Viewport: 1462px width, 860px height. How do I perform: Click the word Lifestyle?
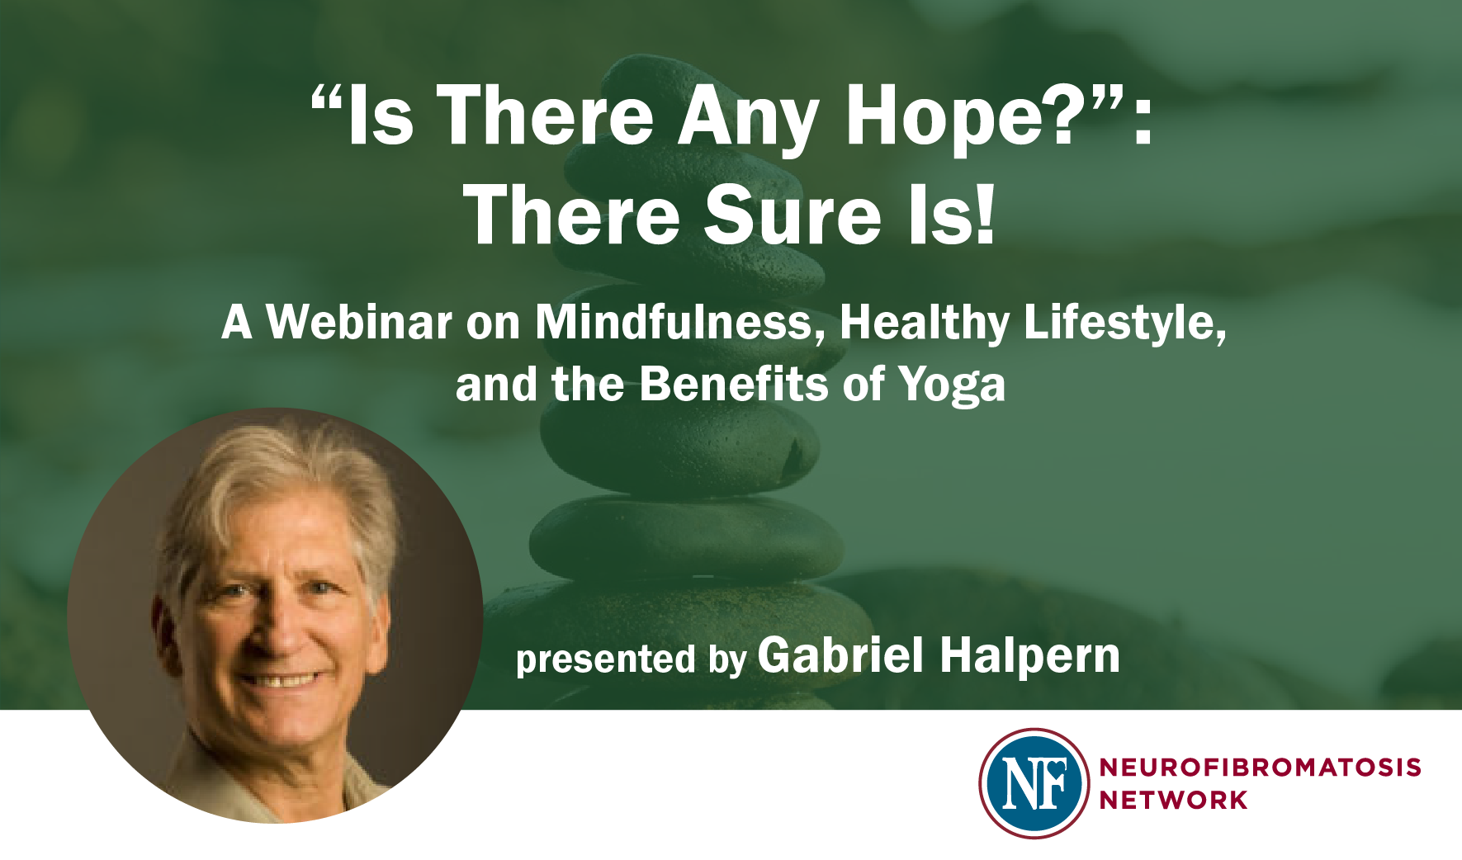(1124, 323)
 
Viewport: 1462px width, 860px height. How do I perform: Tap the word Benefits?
(733, 385)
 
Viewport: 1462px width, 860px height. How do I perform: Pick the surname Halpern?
(1029, 657)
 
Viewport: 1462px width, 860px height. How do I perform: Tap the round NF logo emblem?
(1034, 783)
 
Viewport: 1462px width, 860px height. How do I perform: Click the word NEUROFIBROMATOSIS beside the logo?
(1260, 768)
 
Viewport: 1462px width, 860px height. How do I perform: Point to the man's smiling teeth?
(281, 681)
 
